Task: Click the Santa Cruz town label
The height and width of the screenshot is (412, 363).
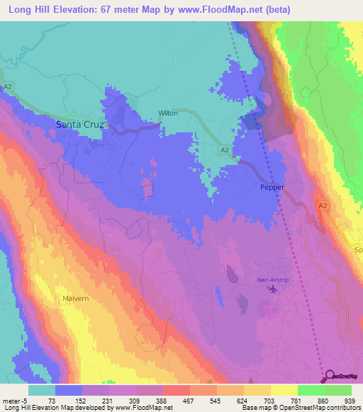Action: pos(80,125)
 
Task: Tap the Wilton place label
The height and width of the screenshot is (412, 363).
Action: pos(168,113)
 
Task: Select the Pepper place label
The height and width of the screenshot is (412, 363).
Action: pos(272,188)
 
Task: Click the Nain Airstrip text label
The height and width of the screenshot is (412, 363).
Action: pos(272,281)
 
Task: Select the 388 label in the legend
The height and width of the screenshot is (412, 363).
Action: pos(163,401)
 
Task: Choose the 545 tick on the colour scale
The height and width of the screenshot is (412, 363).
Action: pos(218,401)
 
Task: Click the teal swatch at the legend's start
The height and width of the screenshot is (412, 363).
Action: pos(42,390)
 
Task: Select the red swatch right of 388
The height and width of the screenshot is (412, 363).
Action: pos(177,390)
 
